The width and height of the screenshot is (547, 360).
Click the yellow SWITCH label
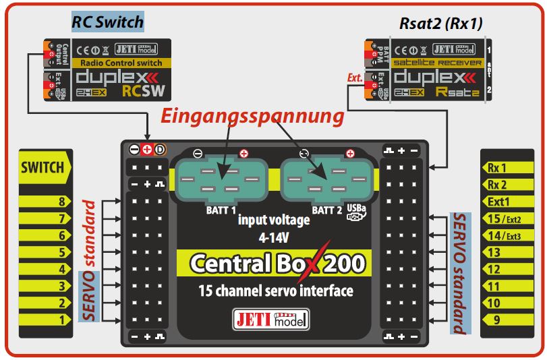[x=42, y=167]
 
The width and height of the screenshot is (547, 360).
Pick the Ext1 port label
[x=499, y=201]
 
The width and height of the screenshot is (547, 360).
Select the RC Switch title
[x=107, y=22]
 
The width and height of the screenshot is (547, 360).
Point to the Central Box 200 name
[x=277, y=263]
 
